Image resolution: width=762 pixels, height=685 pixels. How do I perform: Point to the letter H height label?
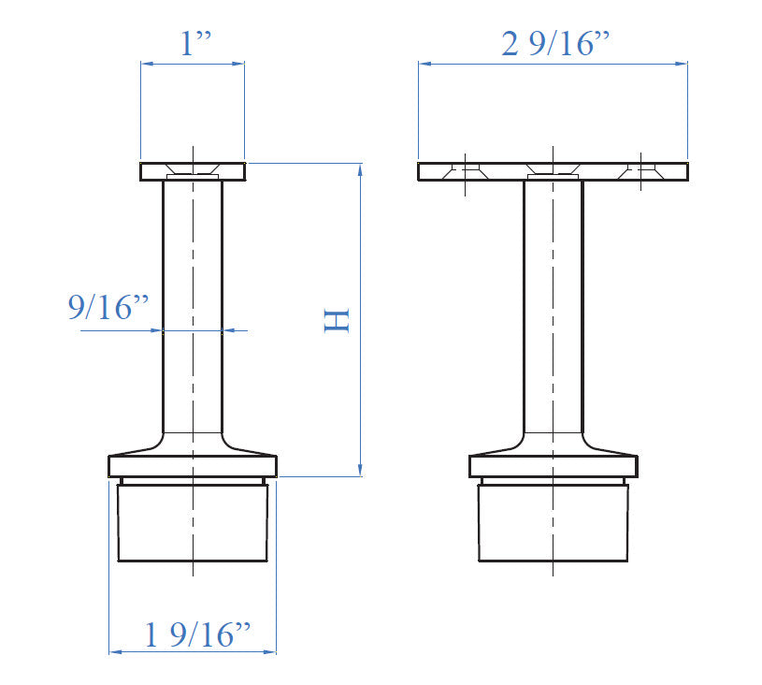(336, 320)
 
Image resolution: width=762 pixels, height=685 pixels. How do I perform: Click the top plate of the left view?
(154, 171)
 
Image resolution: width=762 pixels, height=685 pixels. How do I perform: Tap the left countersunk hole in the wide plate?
(465, 170)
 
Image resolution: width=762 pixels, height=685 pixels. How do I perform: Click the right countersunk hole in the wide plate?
(641, 170)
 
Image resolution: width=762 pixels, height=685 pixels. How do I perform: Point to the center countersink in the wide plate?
(553, 172)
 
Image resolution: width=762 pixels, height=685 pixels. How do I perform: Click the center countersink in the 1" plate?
(193, 173)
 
